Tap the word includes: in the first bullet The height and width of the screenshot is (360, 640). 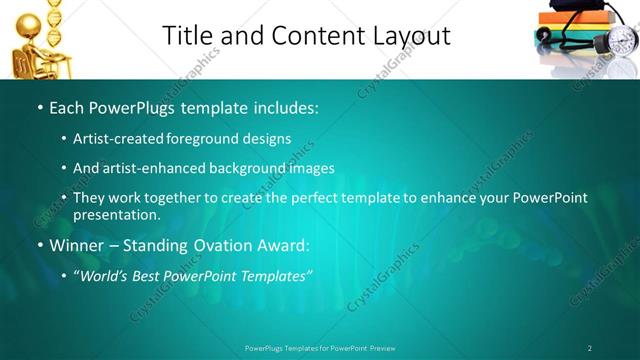pos(282,106)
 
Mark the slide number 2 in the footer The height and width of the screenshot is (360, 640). pos(590,348)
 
